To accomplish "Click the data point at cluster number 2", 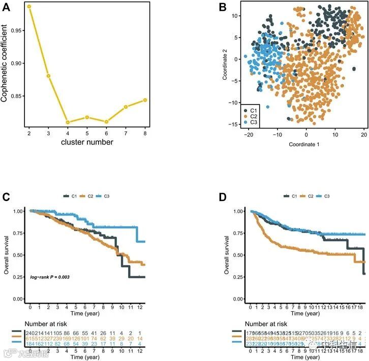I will pyautogui.click(x=29, y=7).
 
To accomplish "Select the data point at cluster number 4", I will pyautogui.click(x=68, y=122).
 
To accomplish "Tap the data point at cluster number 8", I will pyautogui.click(x=145, y=100).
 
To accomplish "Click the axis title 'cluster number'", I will pyautogui.click(x=87, y=142).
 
